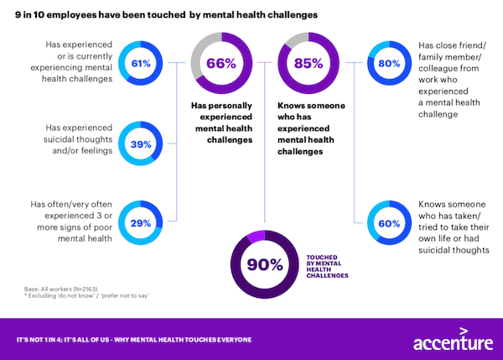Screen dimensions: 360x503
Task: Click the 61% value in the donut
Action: click(x=140, y=63)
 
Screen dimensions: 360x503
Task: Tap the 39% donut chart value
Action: click(x=140, y=143)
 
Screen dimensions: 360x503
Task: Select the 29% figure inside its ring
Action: click(x=140, y=224)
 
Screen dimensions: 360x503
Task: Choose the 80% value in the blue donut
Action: click(x=389, y=63)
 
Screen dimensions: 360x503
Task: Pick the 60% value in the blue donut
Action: click(x=389, y=224)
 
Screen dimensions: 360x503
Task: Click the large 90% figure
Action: click(x=265, y=265)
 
